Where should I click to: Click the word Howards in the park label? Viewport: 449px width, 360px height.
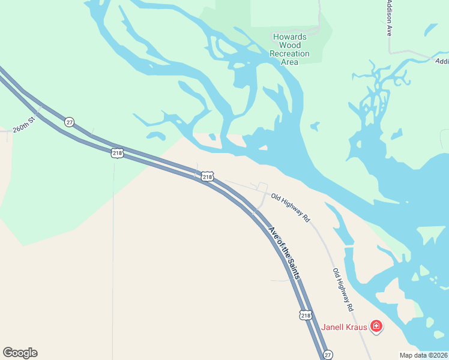click(290, 37)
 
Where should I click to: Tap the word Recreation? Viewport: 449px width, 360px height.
click(290, 53)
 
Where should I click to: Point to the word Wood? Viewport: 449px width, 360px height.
click(290, 45)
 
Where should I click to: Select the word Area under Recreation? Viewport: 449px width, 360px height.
click(290, 62)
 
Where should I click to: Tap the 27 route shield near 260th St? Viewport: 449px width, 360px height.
click(70, 122)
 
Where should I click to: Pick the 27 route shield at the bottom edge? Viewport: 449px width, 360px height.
click(327, 355)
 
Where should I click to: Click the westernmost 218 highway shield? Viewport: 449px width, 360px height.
click(117, 153)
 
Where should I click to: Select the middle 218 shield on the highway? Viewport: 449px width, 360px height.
click(207, 176)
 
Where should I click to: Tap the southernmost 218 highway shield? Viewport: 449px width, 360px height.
click(306, 315)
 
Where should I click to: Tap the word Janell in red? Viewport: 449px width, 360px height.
click(334, 327)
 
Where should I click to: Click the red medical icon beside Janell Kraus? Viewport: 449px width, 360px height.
click(376, 326)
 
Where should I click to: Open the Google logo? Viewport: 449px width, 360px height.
click(20, 353)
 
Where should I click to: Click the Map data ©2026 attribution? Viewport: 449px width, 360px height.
click(424, 355)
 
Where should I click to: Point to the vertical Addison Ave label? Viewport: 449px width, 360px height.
click(389, 18)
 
